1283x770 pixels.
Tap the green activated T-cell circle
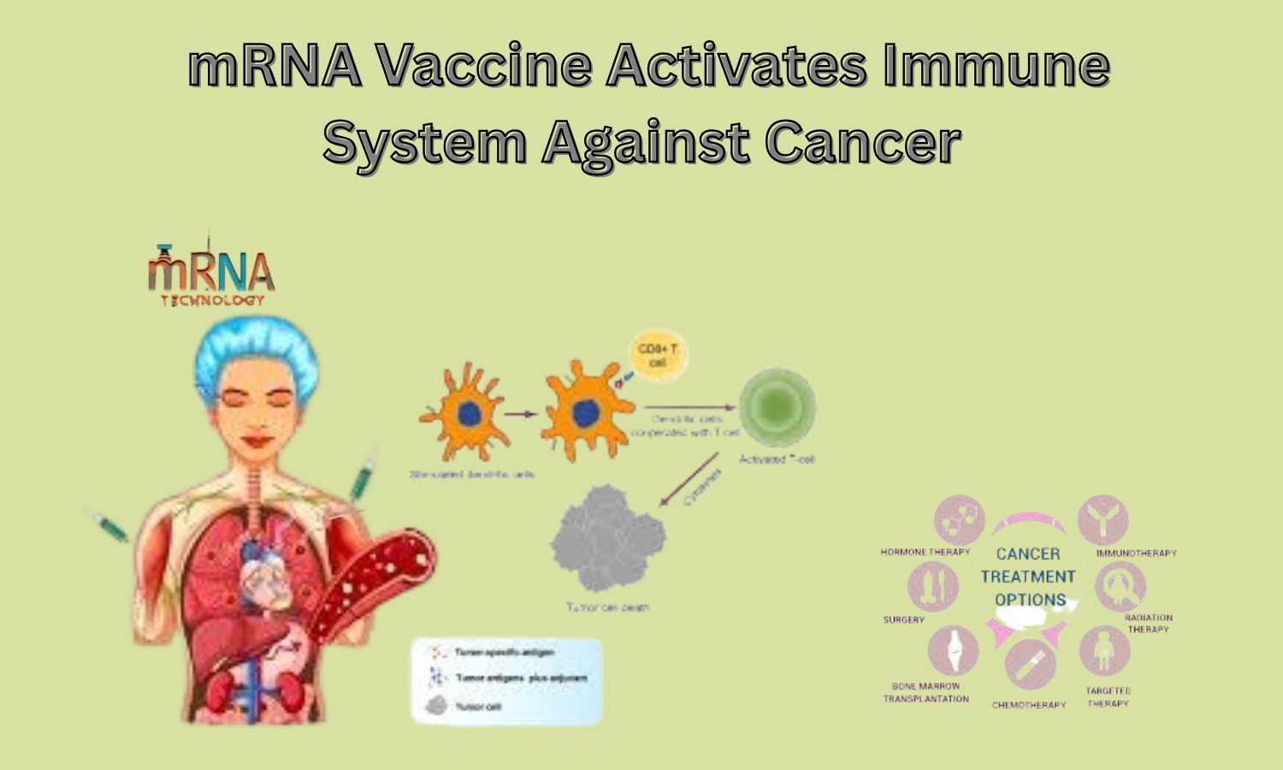click(x=777, y=407)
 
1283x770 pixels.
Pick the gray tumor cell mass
click(x=608, y=539)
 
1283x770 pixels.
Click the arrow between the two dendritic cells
click(x=521, y=414)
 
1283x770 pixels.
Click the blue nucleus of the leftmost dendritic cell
click(x=470, y=415)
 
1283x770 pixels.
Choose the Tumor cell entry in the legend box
click(x=466, y=706)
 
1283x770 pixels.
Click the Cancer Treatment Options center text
click(x=1028, y=577)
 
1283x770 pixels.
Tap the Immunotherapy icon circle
click(x=1103, y=519)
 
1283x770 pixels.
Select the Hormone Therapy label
click(x=925, y=553)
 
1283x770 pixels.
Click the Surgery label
click(x=904, y=619)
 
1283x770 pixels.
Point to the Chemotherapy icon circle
click(x=1031, y=664)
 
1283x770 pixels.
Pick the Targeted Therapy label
click(x=1109, y=697)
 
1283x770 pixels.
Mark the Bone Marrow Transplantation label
click(x=926, y=692)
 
